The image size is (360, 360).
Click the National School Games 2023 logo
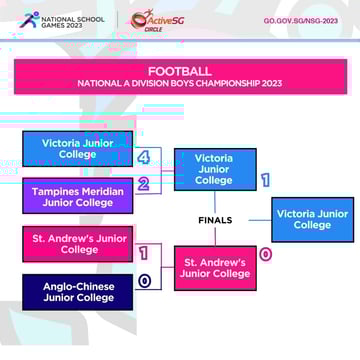(60, 20)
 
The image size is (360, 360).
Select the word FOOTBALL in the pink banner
(180, 71)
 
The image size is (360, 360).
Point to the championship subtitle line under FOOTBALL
(180, 84)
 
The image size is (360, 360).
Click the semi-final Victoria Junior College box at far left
(77, 148)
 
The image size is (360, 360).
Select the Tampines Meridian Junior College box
(77, 196)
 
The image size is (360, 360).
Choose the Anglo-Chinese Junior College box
(77, 292)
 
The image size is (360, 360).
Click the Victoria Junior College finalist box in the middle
(214, 169)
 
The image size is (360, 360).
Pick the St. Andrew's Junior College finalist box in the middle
(214, 268)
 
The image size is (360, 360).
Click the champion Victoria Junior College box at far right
(312, 219)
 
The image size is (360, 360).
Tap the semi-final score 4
(144, 158)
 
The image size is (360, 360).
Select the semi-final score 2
(144, 184)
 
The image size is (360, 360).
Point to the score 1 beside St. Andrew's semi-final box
(144, 254)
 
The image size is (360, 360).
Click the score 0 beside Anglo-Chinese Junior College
(144, 282)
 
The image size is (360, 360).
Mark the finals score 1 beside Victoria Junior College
(265, 181)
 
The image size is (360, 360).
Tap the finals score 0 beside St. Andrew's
(265, 254)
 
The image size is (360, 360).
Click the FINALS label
(215, 220)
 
